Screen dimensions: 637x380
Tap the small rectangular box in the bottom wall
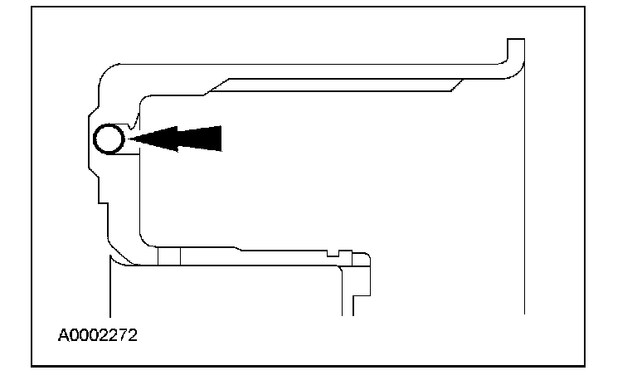point(168,256)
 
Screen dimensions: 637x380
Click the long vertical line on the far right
point(524,207)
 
